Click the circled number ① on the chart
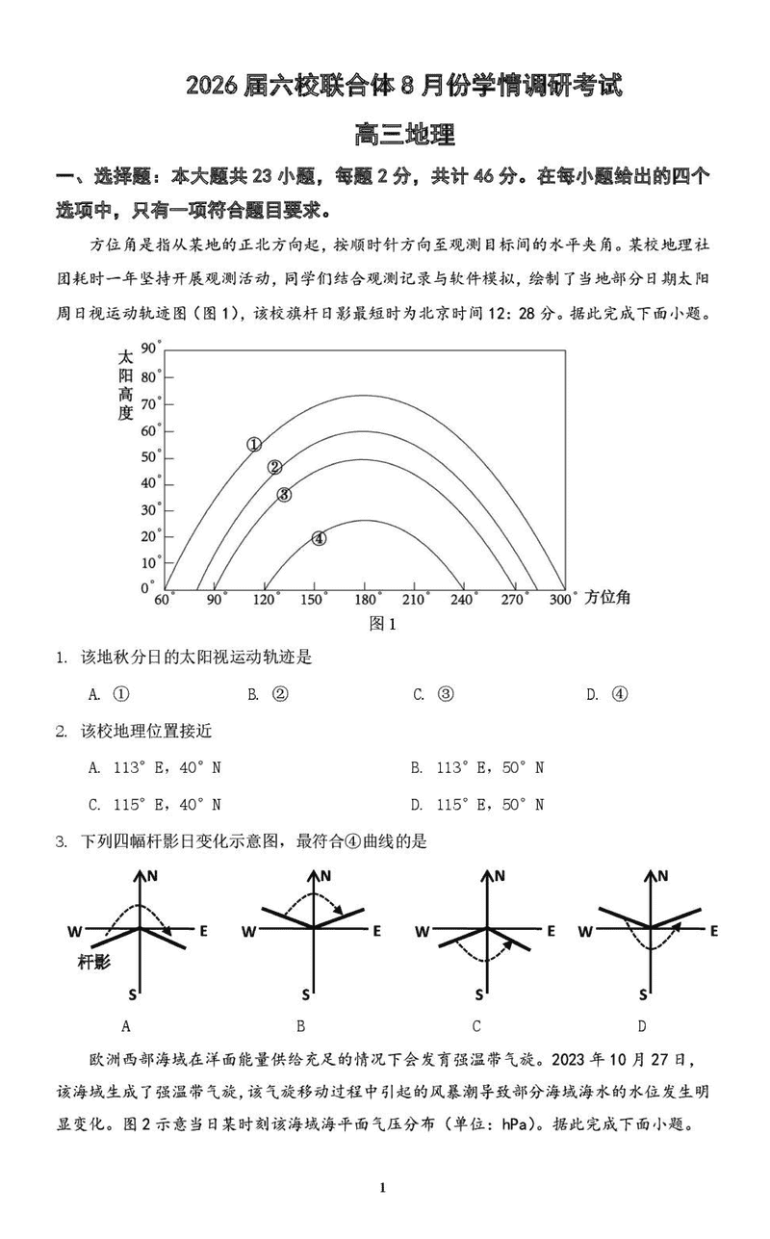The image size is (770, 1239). pyautogui.click(x=254, y=444)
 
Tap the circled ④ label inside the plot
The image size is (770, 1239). pyautogui.click(x=319, y=539)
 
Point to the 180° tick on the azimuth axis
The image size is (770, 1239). pyautogui.click(x=364, y=600)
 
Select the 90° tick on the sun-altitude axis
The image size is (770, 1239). pyautogui.click(x=150, y=348)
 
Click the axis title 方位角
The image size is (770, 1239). pyautogui.click(x=608, y=598)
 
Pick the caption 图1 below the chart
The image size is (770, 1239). pyautogui.click(x=383, y=624)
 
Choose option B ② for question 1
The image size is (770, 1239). pyautogui.click(x=269, y=694)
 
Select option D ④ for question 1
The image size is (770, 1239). pyautogui.click(x=607, y=694)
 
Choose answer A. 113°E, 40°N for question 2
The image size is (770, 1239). pyautogui.click(x=155, y=767)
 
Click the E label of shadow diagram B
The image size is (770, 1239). pyautogui.click(x=377, y=931)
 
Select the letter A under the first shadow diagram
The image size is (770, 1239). pyautogui.click(x=126, y=1026)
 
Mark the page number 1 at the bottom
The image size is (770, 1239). pyautogui.click(x=382, y=1187)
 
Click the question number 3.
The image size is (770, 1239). pyautogui.click(x=61, y=841)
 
